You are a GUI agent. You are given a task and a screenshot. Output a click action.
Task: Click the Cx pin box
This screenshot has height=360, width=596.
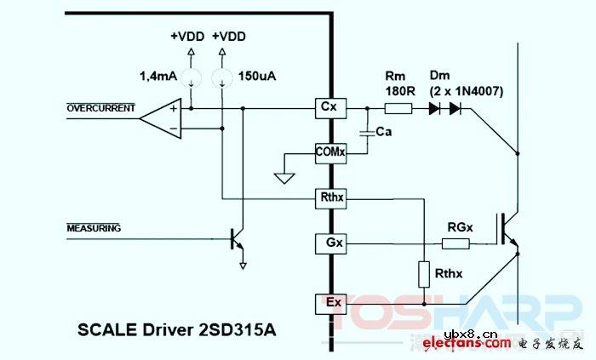329,108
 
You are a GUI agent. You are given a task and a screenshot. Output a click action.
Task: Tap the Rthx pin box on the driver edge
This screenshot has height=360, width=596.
329,198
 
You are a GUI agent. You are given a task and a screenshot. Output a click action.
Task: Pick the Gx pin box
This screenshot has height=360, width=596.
329,243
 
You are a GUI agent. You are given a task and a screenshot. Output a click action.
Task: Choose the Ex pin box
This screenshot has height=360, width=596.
329,302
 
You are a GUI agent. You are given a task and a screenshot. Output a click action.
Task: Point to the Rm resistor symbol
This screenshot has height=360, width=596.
398,108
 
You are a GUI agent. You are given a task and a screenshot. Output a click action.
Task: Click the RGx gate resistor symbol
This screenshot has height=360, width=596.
455,243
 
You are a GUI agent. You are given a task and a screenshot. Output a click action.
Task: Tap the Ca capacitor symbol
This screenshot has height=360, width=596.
367,133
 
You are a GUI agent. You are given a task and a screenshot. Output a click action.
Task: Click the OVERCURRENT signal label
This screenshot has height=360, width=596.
101,107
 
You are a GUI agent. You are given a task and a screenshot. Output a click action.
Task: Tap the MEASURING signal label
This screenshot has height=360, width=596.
95,228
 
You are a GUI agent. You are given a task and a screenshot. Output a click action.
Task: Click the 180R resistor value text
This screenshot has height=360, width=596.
397,91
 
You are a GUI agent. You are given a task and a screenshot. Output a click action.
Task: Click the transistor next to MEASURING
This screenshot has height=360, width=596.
238,241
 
